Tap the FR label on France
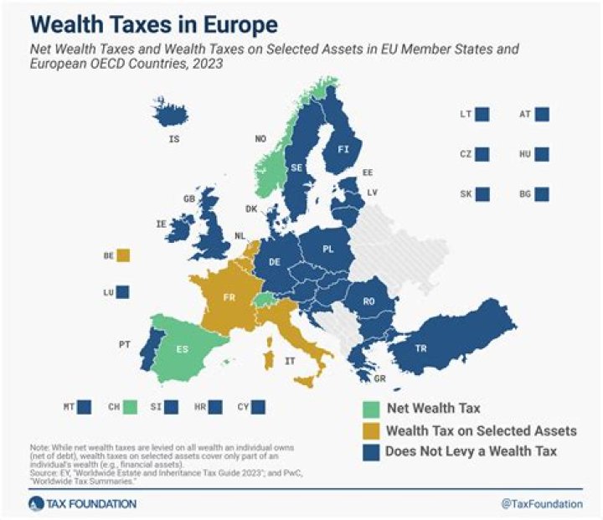pyautogui.click(x=228, y=297)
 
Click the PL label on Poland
pyautogui.click(x=328, y=250)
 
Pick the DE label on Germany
pyautogui.click(x=274, y=262)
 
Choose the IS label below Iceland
pyautogui.click(x=173, y=138)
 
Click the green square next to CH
pyautogui.click(x=130, y=408)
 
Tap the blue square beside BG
pyautogui.click(x=542, y=194)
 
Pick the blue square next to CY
pyautogui.click(x=258, y=408)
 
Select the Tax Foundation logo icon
pyautogui.click(x=35, y=503)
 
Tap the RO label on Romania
pyautogui.click(x=369, y=300)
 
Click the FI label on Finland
pyautogui.click(x=343, y=149)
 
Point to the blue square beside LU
pyautogui.click(x=123, y=292)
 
